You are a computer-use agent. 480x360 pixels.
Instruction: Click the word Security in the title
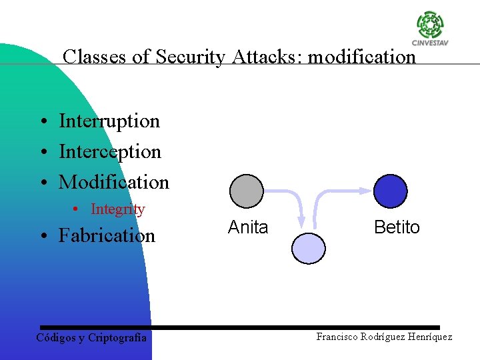pyautogui.click(x=190, y=57)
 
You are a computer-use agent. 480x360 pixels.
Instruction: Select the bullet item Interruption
pyautogui.click(x=109, y=121)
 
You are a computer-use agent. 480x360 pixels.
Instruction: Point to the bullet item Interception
pyautogui.click(x=110, y=151)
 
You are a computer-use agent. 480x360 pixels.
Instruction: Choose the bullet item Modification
pyautogui.click(x=114, y=181)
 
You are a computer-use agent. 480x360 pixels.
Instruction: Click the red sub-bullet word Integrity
pyautogui.click(x=117, y=209)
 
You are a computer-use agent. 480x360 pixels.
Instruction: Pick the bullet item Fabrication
pyautogui.click(x=107, y=235)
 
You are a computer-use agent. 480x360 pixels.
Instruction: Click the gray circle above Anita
pyautogui.click(x=247, y=191)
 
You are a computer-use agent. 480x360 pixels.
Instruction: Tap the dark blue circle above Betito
pyautogui.click(x=390, y=191)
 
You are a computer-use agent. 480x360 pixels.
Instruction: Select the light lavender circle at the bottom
pyautogui.click(x=309, y=247)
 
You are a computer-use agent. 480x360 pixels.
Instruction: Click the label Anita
pyautogui.click(x=248, y=227)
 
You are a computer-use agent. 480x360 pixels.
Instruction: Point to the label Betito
pyautogui.click(x=397, y=227)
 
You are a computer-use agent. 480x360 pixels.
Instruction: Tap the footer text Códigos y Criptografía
pyautogui.click(x=91, y=338)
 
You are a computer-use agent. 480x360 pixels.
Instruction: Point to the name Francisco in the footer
pyautogui.click(x=337, y=337)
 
